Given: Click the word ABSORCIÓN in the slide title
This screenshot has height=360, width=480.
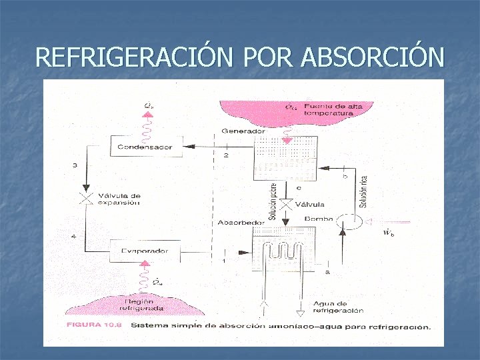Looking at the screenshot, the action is pyautogui.click(x=372, y=57).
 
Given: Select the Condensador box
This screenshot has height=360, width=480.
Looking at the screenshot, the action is pyautogui.click(x=145, y=147).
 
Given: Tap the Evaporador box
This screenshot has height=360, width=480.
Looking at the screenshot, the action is pyautogui.click(x=145, y=251).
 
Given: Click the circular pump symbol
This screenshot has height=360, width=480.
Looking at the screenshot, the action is pyautogui.click(x=347, y=221).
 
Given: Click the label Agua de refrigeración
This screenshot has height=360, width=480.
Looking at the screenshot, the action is pyautogui.click(x=339, y=307).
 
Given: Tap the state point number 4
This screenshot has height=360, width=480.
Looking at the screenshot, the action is pyautogui.click(x=75, y=237).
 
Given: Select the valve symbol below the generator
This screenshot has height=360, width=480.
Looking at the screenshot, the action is pyautogui.click(x=287, y=205).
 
